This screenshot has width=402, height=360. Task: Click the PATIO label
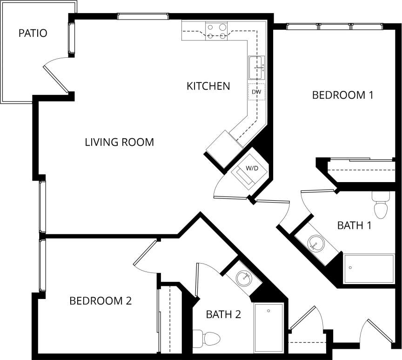(33, 34)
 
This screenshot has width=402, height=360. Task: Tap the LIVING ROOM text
(119, 142)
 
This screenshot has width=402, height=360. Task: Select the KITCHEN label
(208, 86)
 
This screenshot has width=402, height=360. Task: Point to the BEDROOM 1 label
(342, 95)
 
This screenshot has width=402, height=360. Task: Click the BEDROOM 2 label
(100, 301)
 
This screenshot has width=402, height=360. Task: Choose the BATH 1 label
(354, 226)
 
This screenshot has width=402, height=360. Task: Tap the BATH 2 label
(223, 314)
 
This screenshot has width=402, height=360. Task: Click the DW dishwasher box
(256, 92)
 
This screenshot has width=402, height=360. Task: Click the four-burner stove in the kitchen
(217, 31)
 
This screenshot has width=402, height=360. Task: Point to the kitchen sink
(256, 68)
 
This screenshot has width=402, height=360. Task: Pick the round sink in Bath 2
(243, 278)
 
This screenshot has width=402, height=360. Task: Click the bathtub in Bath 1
(368, 269)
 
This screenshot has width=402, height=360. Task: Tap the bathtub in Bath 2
(268, 327)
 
